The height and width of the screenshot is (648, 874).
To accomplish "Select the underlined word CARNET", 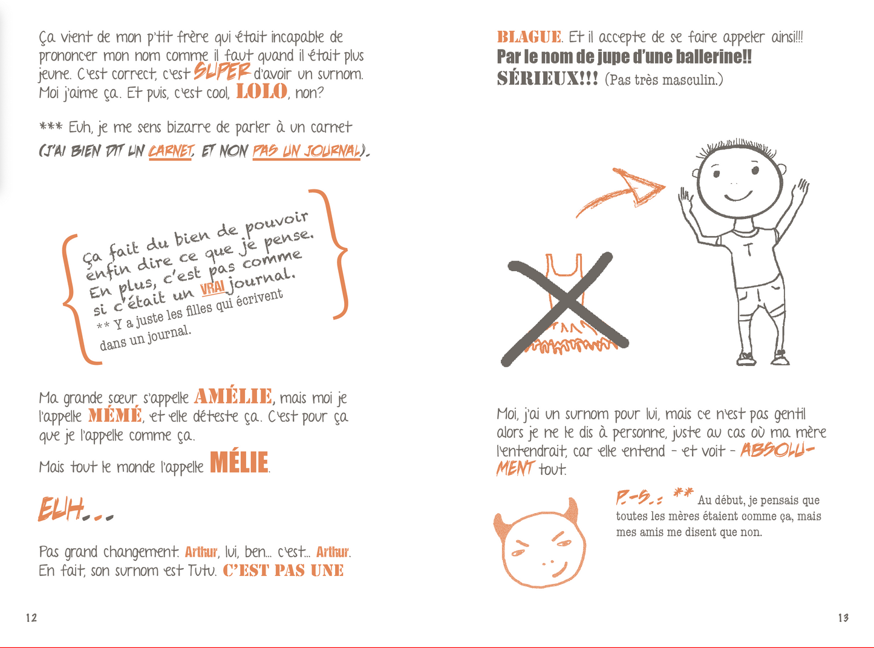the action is [x=170, y=151].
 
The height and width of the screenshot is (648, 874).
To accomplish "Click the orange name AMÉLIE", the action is [x=233, y=396].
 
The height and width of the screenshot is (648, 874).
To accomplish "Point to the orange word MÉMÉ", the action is [x=115, y=415].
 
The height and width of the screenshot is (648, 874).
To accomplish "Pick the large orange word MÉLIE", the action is [x=239, y=462].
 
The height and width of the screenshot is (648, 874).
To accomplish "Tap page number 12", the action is [x=31, y=618].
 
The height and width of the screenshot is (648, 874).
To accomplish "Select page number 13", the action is [x=843, y=618].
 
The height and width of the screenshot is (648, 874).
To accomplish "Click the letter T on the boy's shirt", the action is [x=748, y=249].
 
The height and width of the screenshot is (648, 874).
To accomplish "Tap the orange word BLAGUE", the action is [x=529, y=37].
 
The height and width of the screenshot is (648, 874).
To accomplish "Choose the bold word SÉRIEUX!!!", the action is [x=547, y=79].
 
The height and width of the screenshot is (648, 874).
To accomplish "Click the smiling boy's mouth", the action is [x=738, y=196].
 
